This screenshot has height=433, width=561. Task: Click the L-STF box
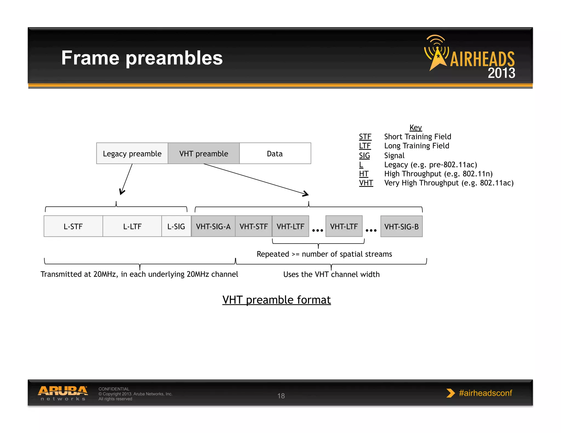pos(73,226)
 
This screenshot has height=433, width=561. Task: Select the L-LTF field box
pos(132,226)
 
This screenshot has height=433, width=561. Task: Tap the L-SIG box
pos(176,226)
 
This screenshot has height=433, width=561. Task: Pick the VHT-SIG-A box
pos(213,226)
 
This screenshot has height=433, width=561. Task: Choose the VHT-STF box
pos(254,226)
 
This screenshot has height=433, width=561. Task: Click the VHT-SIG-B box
pos(401,227)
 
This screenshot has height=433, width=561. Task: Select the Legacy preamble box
pos(132,154)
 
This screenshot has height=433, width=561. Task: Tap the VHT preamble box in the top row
pos(204,154)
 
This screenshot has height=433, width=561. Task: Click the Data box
pos(275,154)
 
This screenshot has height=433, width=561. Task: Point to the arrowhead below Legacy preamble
pos(122,192)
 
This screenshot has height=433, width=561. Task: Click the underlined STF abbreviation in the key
pos(365,137)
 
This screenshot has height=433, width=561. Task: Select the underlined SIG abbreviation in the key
pos(364,155)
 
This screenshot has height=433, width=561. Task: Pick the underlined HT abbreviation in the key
pos(364,174)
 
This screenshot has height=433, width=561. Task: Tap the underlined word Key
pos(416,128)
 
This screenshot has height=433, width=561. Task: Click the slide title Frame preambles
pos(142,58)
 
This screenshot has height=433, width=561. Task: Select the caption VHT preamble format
pos(276,300)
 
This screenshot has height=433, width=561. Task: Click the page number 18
pos(281,396)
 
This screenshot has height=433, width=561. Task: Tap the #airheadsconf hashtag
pos(485,393)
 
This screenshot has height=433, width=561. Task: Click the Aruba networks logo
pos(63,393)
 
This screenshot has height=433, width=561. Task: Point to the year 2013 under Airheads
pos(501,73)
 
